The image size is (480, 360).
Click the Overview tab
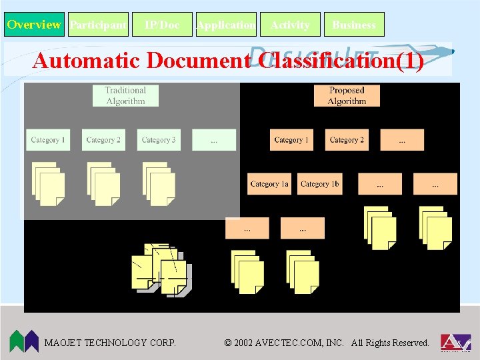(34, 25)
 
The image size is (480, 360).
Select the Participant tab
(98, 25)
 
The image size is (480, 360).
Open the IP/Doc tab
(162, 25)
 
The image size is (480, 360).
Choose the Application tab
(226, 25)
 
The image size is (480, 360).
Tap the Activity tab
(290, 25)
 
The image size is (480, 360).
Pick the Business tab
(354, 25)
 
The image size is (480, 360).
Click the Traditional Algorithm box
(125, 95)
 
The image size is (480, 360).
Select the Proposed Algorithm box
(347, 95)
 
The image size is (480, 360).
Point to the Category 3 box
(159, 140)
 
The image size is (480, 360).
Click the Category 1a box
(269, 184)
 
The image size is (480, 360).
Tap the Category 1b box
(319, 184)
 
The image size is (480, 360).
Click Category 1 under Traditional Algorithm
(47, 140)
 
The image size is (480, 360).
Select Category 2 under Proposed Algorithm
(347, 140)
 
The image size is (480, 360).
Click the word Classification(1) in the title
(341, 61)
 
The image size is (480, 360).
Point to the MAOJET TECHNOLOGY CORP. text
(110, 343)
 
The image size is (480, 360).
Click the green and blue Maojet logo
(24, 341)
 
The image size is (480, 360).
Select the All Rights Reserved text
(390, 343)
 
